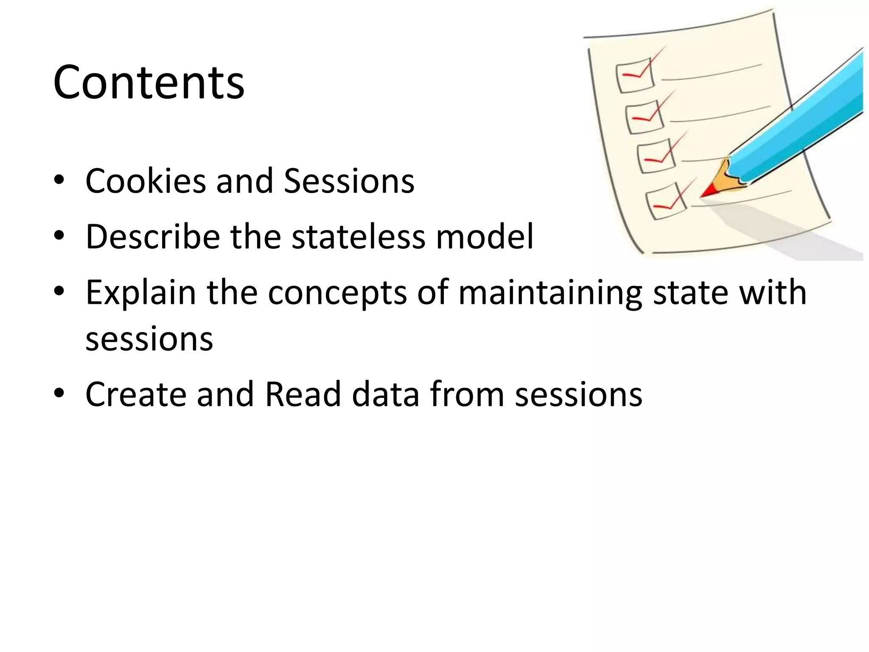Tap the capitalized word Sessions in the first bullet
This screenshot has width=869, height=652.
coord(349,181)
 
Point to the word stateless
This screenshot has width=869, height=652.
coord(359,236)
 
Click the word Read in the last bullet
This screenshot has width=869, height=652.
coord(303,394)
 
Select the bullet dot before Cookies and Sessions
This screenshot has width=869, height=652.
coord(59,180)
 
